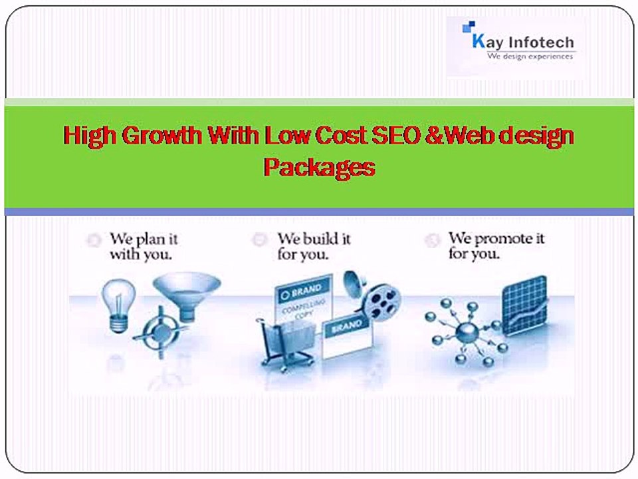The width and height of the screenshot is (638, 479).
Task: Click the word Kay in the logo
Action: tap(487, 42)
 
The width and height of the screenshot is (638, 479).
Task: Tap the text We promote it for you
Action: tap(496, 246)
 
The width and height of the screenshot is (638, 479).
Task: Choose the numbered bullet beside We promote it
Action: tap(433, 239)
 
